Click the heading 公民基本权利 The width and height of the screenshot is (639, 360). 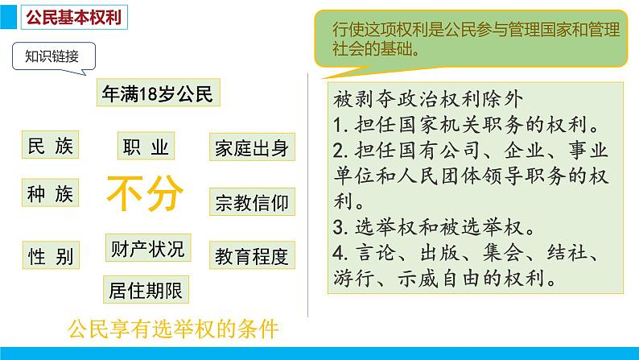(70, 18)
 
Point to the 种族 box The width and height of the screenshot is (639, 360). (50, 194)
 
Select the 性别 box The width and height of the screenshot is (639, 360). (50, 256)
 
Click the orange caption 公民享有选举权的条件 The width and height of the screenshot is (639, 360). (173, 329)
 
